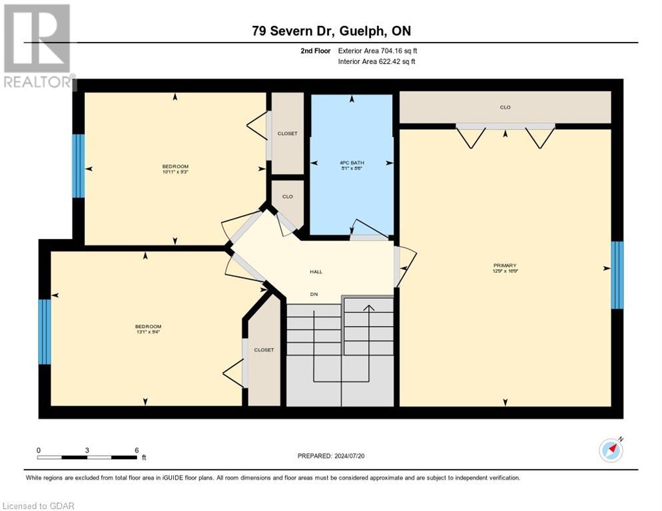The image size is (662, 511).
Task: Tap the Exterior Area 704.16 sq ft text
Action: (x=378, y=51)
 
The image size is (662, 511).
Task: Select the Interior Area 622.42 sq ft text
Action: (x=378, y=62)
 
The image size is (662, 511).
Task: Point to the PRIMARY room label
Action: (x=505, y=267)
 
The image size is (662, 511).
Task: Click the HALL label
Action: (x=316, y=271)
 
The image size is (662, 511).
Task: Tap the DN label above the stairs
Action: (x=314, y=293)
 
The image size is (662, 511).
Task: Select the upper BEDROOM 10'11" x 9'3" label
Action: (x=175, y=169)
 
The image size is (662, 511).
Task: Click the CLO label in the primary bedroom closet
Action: (x=505, y=107)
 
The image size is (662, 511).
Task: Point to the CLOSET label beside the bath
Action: (x=287, y=134)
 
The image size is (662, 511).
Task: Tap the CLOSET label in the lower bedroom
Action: (x=264, y=350)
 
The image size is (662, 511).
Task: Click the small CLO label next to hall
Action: (x=287, y=197)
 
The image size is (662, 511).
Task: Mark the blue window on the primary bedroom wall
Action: (x=617, y=275)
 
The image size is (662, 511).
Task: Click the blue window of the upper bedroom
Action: (x=78, y=166)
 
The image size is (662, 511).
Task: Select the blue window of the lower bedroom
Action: (x=45, y=331)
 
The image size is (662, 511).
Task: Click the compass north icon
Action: (x=611, y=450)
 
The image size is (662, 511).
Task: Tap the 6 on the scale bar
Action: (x=137, y=450)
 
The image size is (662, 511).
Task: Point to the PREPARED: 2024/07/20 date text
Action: (x=331, y=456)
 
